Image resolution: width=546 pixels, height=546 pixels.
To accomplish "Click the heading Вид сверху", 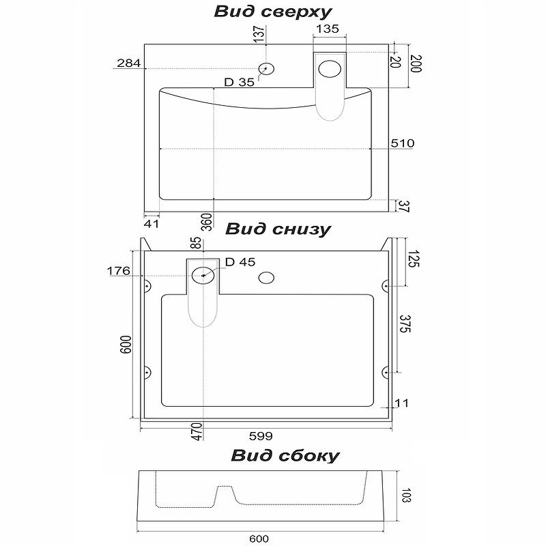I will [273, 12].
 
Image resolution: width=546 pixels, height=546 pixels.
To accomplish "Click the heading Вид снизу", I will [278, 229].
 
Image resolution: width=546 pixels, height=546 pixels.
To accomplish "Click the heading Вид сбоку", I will [285, 455].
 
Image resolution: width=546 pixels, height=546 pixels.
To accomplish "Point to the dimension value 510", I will [403, 143].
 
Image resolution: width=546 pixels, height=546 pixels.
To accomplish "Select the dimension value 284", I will [128, 64].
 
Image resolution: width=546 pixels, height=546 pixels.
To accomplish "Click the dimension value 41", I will [152, 222].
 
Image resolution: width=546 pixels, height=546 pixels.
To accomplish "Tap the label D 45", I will [240, 262].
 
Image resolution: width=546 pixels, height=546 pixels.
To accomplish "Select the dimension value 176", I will [118, 272].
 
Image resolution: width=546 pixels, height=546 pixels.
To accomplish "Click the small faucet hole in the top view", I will [266, 68].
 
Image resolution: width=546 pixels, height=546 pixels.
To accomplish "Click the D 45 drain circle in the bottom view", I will [203, 276].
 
